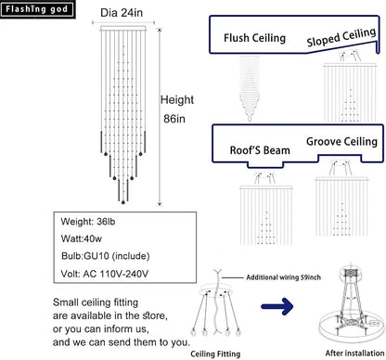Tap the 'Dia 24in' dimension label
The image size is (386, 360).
point(122,13)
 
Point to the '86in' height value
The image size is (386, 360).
point(174,119)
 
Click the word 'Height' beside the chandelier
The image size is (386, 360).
point(177,100)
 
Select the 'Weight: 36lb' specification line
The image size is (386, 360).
point(88,222)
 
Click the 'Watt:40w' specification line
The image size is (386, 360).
point(82,238)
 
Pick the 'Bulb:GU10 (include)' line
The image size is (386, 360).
point(106,256)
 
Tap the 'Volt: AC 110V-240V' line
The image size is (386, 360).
point(105,274)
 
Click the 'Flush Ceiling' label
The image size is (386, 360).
point(254,38)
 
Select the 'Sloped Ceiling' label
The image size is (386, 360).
point(341,37)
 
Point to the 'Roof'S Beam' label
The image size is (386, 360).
point(260,150)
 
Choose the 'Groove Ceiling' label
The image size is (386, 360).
point(341,142)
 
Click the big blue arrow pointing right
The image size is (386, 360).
point(277,306)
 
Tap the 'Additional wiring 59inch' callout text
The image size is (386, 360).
point(283,277)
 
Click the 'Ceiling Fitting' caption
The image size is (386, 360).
point(215,354)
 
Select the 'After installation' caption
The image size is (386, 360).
point(354,354)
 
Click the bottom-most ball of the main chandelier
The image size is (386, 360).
point(123,202)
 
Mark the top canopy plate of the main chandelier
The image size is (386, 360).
point(123,28)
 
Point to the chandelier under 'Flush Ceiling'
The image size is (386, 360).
point(250,89)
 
